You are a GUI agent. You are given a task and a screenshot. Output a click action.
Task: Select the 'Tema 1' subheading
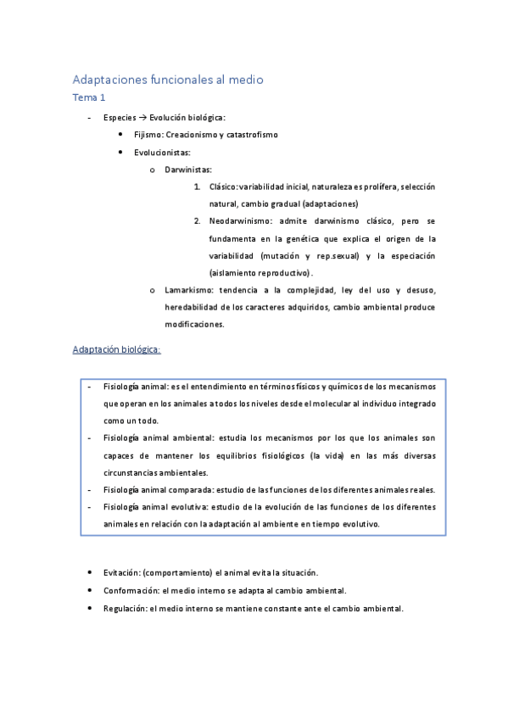(89, 98)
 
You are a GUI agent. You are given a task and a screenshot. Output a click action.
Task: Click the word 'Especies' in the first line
(120, 117)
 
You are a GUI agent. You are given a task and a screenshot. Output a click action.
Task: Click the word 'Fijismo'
(148, 135)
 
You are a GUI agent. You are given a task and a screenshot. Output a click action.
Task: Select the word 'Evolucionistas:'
(162, 153)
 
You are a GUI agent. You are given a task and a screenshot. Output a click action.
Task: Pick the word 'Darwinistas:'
(188, 170)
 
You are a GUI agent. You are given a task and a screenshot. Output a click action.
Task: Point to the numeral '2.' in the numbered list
(197, 220)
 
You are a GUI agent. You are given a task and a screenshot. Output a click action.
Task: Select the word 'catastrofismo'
(251, 135)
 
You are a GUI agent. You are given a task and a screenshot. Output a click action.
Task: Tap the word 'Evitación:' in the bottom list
(125, 572)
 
